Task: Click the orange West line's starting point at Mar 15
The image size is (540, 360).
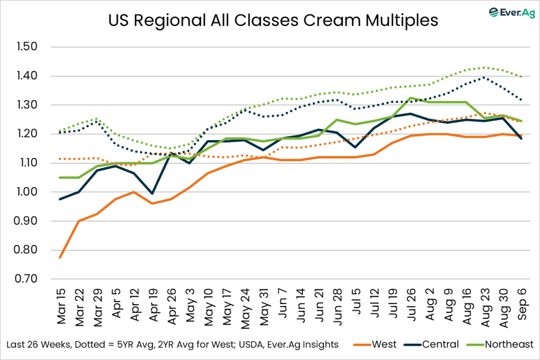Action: pyautogui.click(x=60, y=257)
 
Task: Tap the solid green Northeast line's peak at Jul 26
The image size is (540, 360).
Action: pyautogui.click(x=410, y=98)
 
